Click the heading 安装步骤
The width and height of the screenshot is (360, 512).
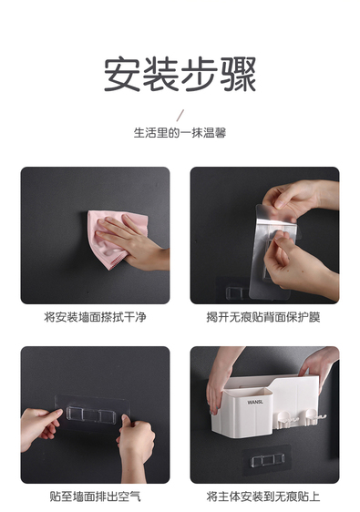(180, 75)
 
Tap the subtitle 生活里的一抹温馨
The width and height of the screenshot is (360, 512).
(180, 133)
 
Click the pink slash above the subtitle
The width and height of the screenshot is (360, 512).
(180, 116)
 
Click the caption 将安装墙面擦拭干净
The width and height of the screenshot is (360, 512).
(95, 317)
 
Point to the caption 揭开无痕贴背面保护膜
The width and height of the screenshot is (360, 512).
(263, 317)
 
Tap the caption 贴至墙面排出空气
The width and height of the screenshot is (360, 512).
(95, 497)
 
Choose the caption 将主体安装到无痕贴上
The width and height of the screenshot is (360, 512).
(263, 497)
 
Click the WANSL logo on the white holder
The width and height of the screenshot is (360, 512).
(255, 402)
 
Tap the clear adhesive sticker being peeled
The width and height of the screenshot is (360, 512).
(273, 251)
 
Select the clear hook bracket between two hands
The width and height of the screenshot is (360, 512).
(90, 415)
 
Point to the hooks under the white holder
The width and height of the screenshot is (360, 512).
(300, 420)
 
